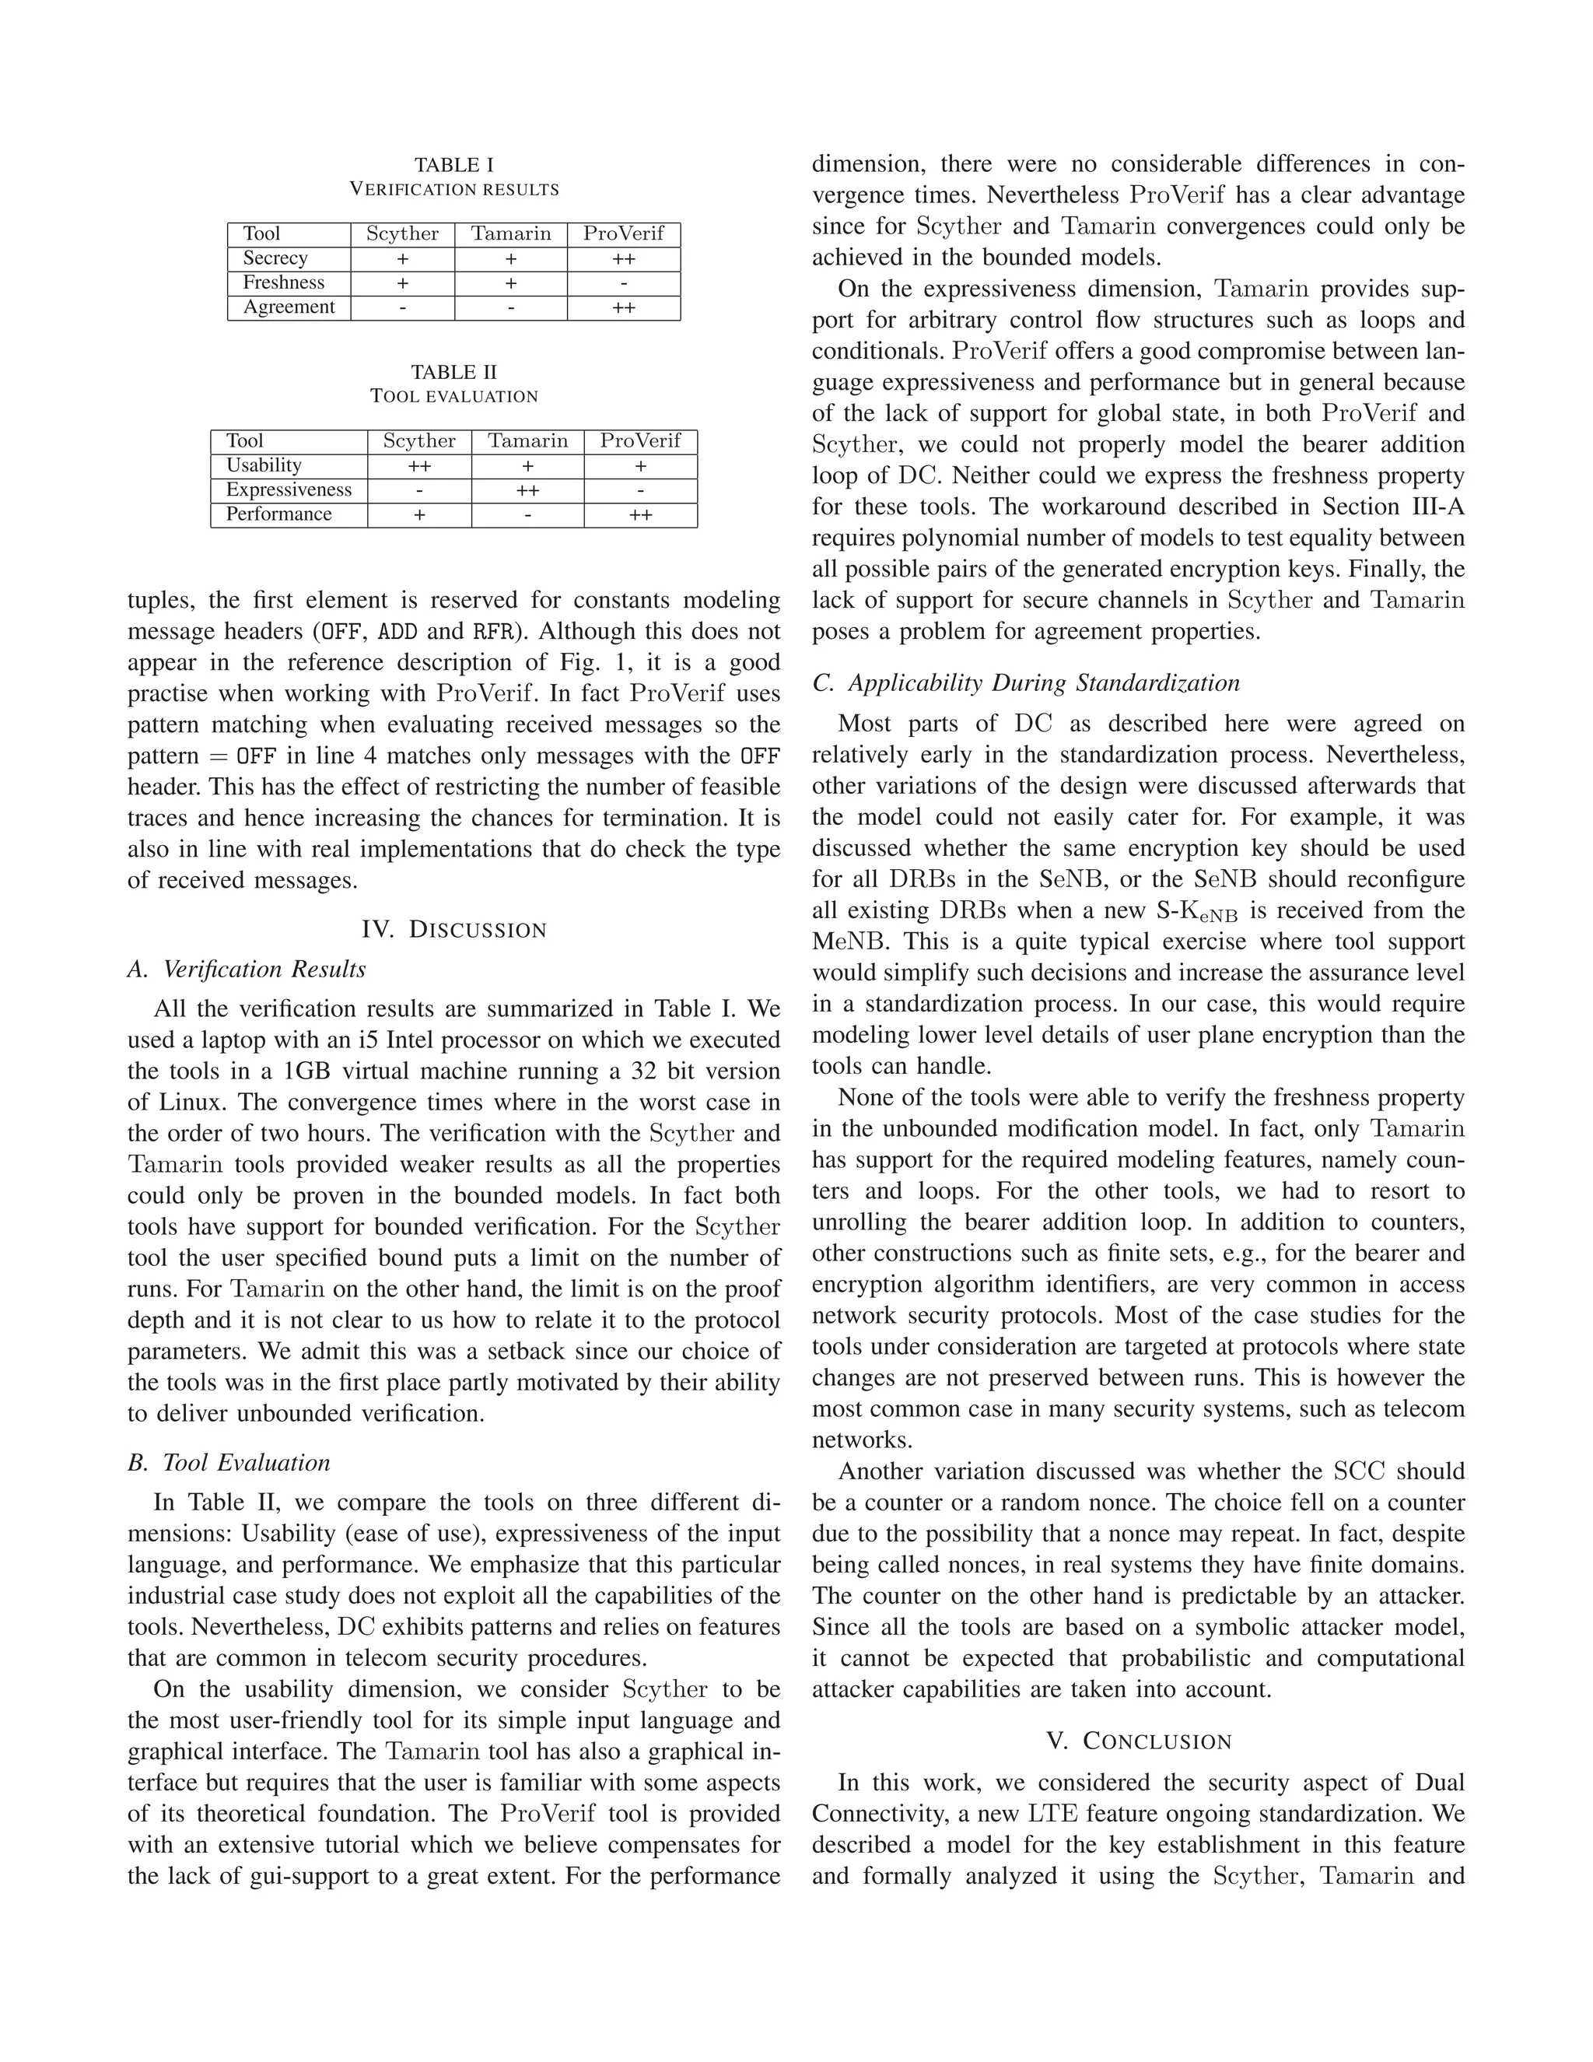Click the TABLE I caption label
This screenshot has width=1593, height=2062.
[x=454, y=165]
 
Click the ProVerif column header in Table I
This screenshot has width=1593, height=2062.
[x=623, y=233]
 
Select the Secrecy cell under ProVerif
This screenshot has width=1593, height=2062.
[x=623, y=258]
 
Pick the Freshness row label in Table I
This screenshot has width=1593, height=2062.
[x=283, y=282]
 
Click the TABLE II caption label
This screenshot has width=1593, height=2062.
[x=454, y=372]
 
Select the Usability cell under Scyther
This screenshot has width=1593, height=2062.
[x=419, y=465]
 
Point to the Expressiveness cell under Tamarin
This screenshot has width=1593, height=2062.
[x=527, y=490]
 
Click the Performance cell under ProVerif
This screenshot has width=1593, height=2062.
[x=640, y=514]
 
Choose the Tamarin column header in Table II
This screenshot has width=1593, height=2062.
[x=527, y=441]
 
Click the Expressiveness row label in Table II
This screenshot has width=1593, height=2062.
[x=288, y=490]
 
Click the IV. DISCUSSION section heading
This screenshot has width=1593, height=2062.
[x=454, y=930]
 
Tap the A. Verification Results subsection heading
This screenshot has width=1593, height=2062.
[x=247, y=970]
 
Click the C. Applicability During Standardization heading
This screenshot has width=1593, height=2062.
[x=1026, y=682]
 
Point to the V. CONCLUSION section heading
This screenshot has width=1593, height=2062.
[x=1138, y=1741]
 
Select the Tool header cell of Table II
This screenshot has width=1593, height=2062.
[x=244, y=441]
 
